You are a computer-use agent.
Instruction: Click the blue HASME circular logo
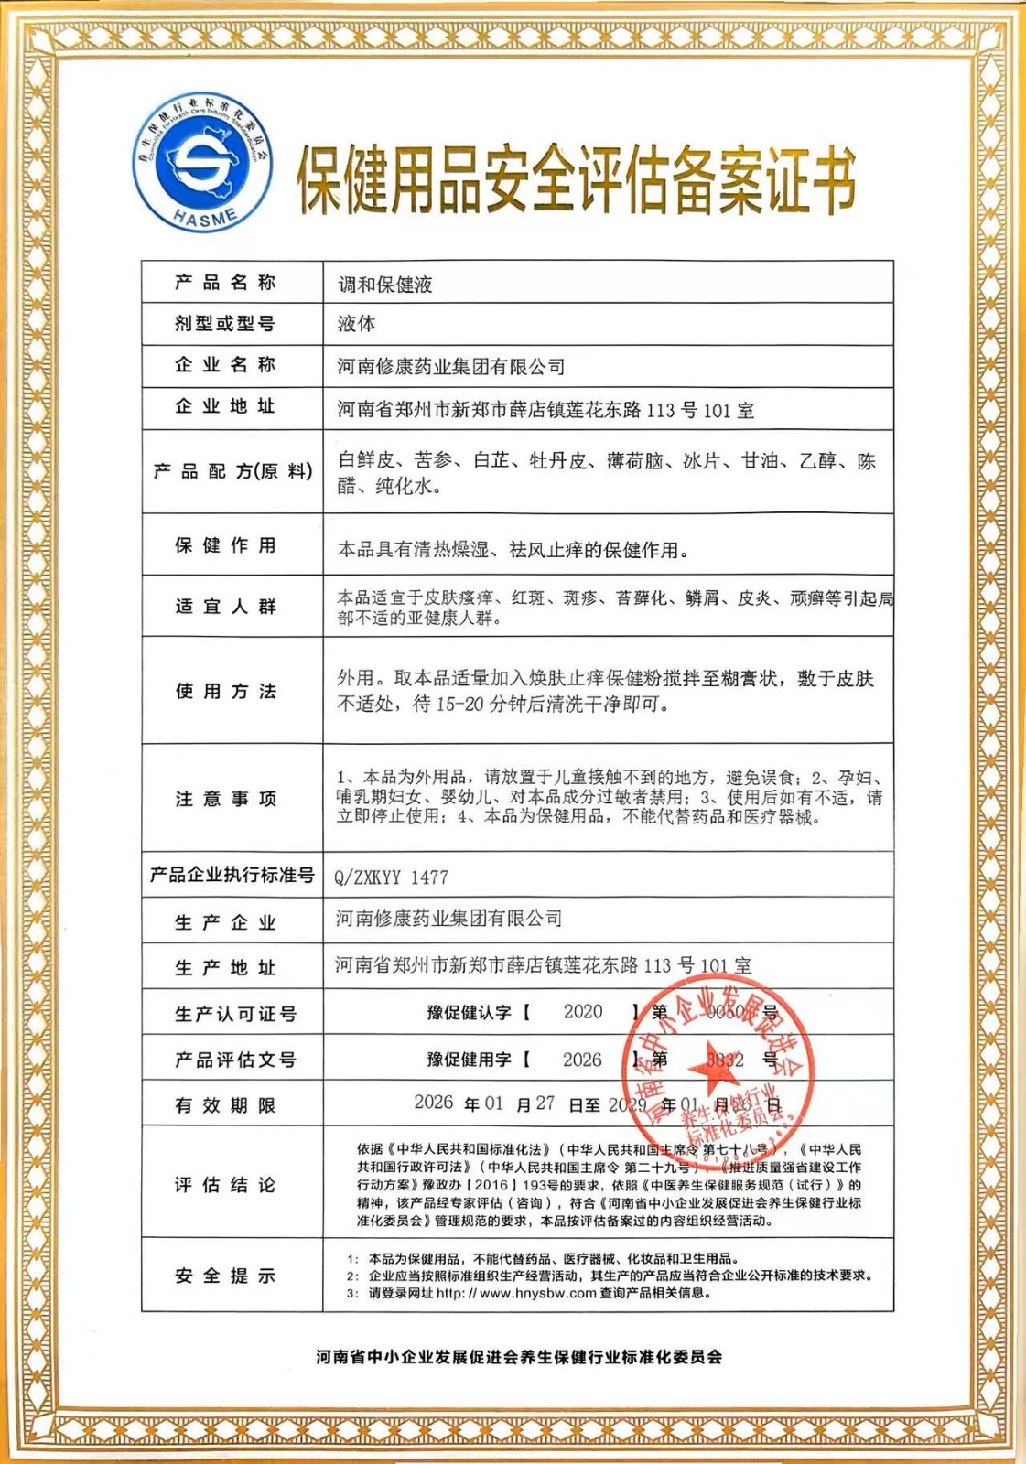[x=202, y=162]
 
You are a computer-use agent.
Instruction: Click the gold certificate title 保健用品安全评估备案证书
[x=576, y=180]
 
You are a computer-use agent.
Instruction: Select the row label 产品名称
[x=225, y=283]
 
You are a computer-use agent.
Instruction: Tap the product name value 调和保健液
[x=385, y=285]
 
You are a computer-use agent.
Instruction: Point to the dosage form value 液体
[x=356, y=324]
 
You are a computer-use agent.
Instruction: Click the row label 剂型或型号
[x=225, y=323]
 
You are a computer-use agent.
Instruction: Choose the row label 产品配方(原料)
[x=232, y=471]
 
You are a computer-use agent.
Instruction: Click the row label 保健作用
[x=225, y=545]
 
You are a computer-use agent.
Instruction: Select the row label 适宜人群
[x=225, y=606]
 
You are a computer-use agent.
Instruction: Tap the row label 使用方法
[x=225, y=691]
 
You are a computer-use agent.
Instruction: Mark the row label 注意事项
[x=225, y=799]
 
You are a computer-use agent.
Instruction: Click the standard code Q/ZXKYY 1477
[x=391, y=877]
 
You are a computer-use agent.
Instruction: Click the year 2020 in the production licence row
[x=583, y=1012]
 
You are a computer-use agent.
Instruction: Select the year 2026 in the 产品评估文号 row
[x=582, y=1060]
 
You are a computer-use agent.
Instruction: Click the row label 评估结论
[x=225, y=1185]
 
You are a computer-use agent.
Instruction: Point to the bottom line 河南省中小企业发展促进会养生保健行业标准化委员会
[x=519, y=1357]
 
